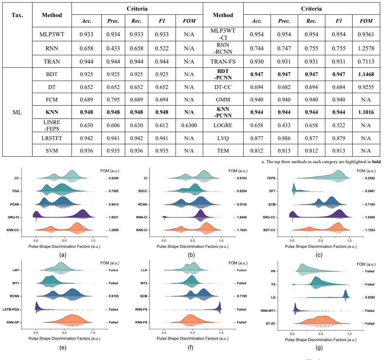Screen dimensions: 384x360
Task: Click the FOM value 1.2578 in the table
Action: [x=366, y=48]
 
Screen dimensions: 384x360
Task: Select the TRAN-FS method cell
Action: [x=223, y=61]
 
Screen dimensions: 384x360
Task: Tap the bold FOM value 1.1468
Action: [x=366, y=74]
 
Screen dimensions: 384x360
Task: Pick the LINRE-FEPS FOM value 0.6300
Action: [x=189, y=125]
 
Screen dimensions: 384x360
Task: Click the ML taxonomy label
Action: [x=17, y=112]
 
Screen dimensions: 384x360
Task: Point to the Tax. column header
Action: [x=17, y=15]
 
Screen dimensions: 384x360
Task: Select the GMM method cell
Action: [x=223, y=100]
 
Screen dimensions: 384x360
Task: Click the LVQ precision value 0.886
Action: [x=284, y=138]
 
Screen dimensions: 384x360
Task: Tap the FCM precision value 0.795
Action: [x=113, y=100]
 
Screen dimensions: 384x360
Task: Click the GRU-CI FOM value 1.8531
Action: [x=113, y=217]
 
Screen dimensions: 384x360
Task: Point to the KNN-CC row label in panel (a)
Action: [x=13, y=230]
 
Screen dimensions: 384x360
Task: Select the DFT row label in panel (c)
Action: [x=272, y=191]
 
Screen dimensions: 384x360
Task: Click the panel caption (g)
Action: [x=319, y=347]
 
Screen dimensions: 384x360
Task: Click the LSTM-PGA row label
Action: [x=11, y=310]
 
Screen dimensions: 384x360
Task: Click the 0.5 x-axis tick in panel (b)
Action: [x=193, y=241]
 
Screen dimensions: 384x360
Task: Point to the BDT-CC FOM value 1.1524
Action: [x=370, y=230]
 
